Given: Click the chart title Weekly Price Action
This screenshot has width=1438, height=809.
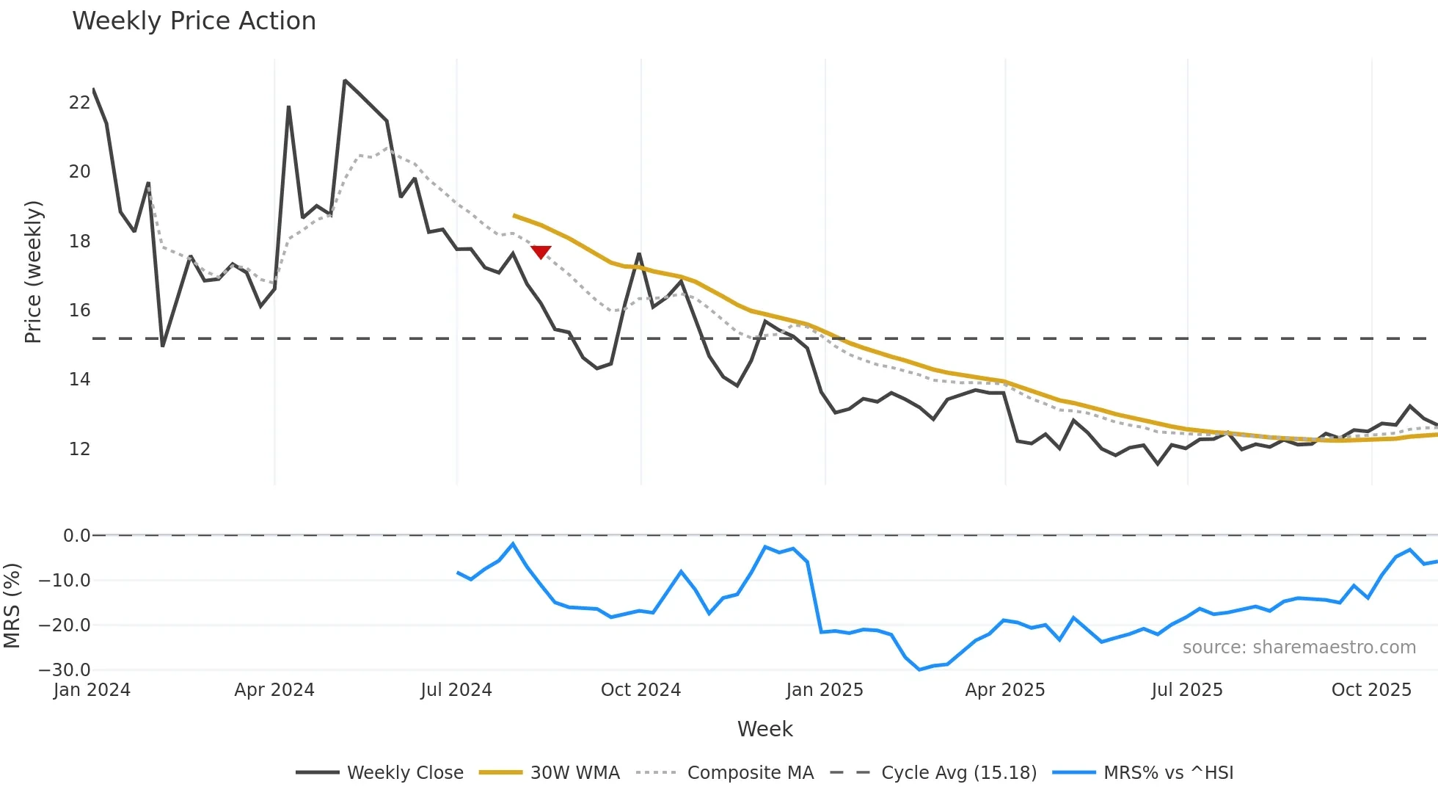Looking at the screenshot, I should pyautogui.click(x=194, y=21).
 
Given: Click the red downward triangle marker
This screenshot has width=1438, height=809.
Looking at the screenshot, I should pyautogui.click(x=541, y=252).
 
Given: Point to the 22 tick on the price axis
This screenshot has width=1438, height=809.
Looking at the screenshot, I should pyautogui.click(x=79, y=103).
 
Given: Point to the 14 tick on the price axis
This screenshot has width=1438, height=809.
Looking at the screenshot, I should pyautogui.click(x=79, y=380).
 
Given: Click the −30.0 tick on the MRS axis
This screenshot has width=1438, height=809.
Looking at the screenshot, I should pyautogui.click(x=65, y=670).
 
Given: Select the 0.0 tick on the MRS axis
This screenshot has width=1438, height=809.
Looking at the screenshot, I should pyautogui.click(x=76, y=536).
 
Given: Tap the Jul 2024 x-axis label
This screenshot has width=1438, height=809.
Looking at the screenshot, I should pyautogui.click(x=456, y=690).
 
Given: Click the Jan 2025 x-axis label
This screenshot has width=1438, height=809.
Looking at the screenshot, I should pyautogui.click(x=824, y=690).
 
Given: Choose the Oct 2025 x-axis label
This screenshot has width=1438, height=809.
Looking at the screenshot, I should pyautogui.click(x=1371, y=690).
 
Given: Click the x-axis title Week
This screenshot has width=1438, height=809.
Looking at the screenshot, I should pyautogui.click(x=764, y=729).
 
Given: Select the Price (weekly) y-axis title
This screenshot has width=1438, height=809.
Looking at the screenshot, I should pyautogui.click(x=33, y=272).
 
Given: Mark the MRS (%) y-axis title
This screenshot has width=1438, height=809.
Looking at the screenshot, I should pyautogui.click(x=12, y=606).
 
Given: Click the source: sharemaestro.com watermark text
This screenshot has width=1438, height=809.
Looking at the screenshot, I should pyautogui.click(x=1299, y=647).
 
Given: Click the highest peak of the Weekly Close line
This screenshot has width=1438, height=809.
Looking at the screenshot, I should pyautogui.click(x=345, y=81).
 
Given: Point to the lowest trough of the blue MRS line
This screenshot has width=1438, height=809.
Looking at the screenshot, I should pyautogui.click(x=919, y=670).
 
